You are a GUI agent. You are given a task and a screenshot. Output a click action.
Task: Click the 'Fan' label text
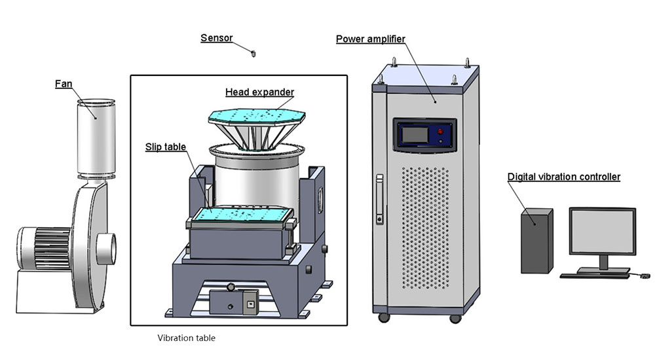pos(64,84)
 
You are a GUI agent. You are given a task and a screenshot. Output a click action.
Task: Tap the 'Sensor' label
pos(216,38)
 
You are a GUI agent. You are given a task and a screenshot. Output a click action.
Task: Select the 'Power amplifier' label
pos(370,39)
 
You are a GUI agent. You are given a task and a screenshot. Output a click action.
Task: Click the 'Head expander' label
pos(259,92)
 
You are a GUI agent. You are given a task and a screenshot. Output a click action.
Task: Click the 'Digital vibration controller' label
pos(563,177)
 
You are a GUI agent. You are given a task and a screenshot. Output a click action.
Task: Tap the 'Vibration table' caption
pos(186,338)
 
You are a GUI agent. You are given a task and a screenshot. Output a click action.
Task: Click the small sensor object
pos(252,50)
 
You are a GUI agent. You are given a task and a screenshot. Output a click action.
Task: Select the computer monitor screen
pos(602,231)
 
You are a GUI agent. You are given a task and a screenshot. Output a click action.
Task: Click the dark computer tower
pos(536,240)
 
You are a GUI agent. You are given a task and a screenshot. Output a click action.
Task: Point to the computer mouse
pos(645,276)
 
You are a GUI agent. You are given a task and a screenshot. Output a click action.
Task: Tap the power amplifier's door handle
pos(379,200)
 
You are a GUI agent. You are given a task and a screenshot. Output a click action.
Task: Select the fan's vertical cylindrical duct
pos(96,137)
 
